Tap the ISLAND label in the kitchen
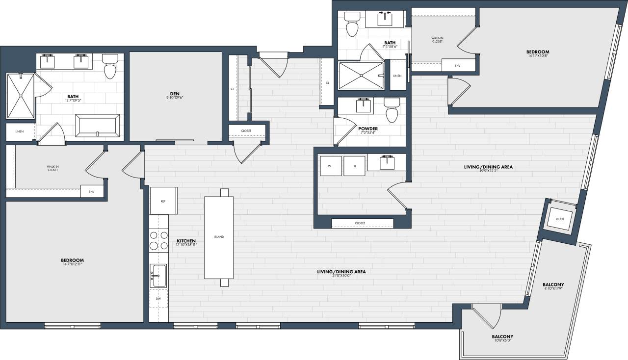[219, 237]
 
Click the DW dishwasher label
[158, 298]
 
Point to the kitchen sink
[158, 276]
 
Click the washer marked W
[330, 166]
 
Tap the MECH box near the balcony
[559, 219]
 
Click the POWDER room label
[368, 129]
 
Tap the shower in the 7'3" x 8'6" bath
[361, 76]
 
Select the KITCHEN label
[186, 241]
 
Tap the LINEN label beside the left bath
[20, 131]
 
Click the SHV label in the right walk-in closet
[458, 65]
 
